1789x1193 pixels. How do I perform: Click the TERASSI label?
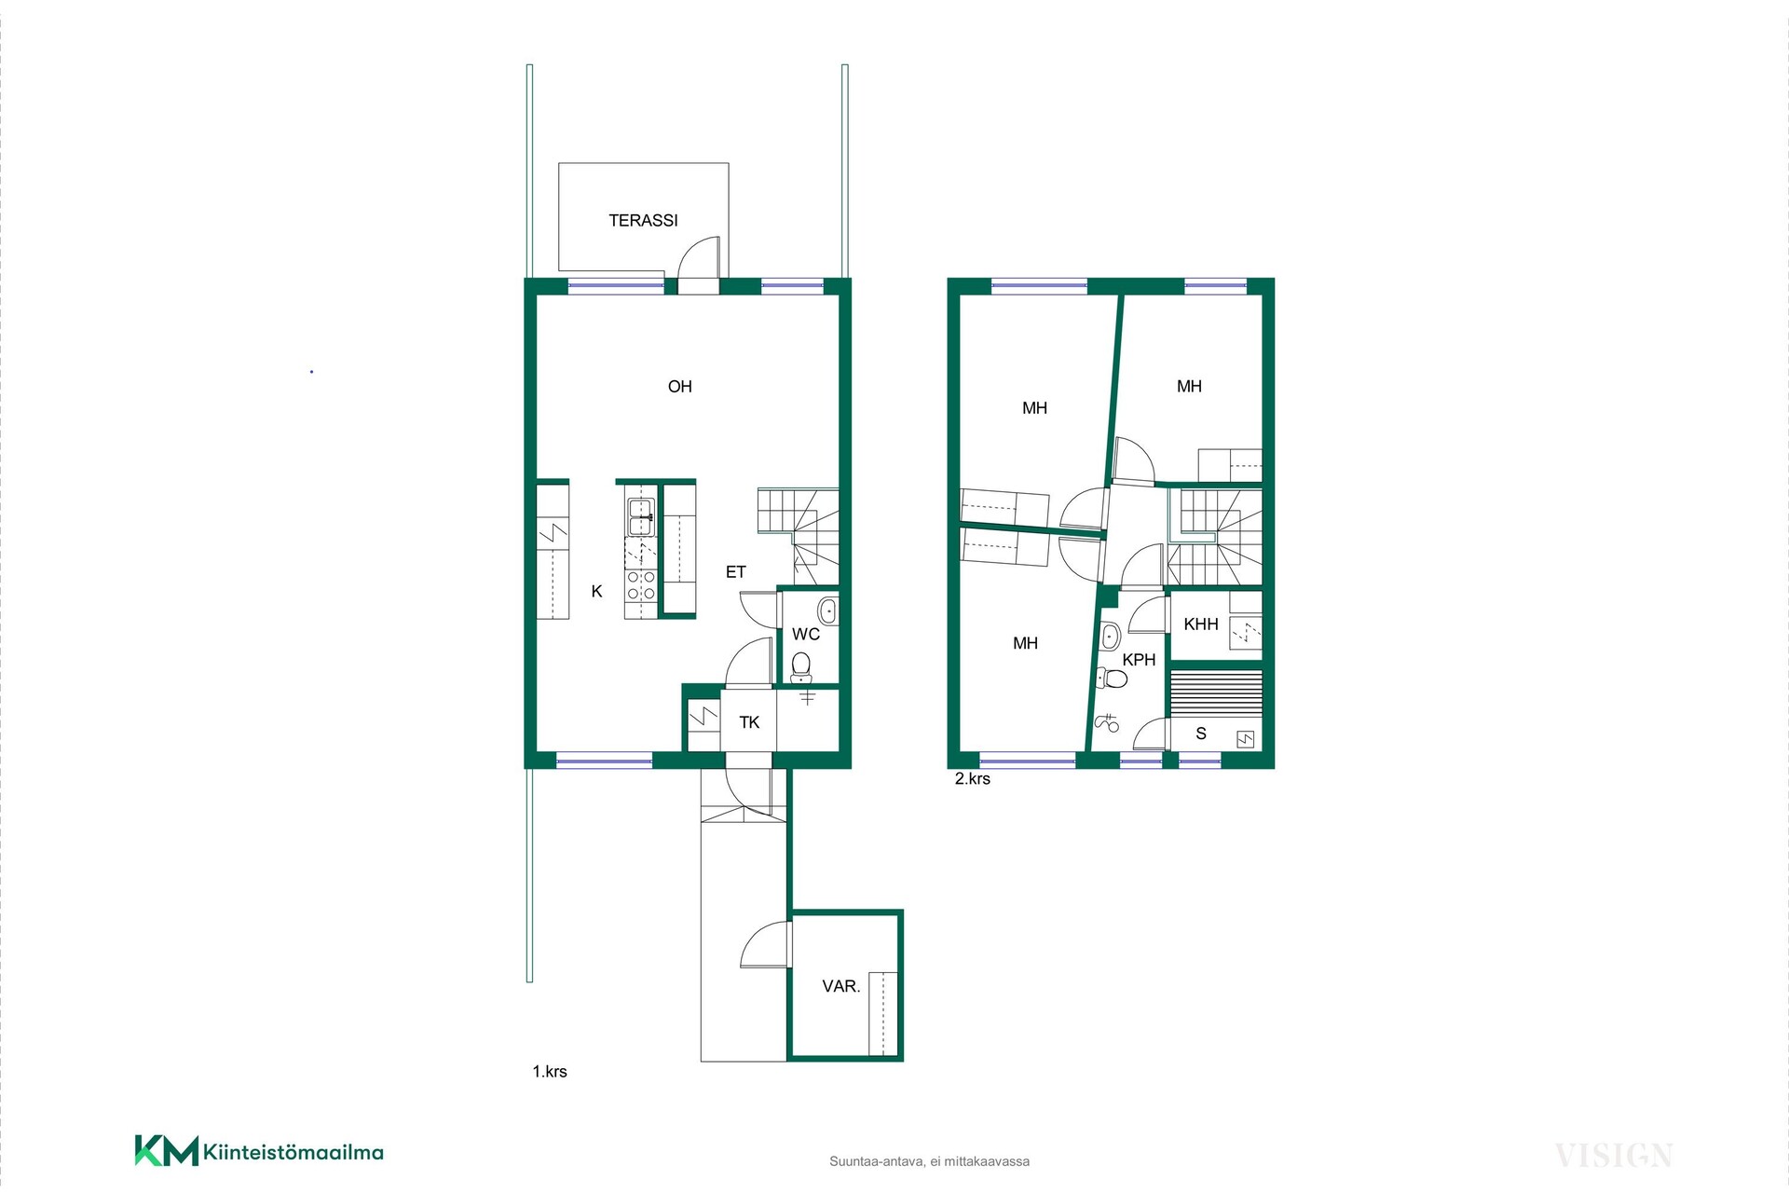(x=643, y=221)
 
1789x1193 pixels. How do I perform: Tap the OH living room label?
(x=680, y=387)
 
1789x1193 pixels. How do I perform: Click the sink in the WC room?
(x=826, y=611)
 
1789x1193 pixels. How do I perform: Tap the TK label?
(x=750, y=722)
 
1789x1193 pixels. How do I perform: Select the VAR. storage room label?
(x=840, y=986)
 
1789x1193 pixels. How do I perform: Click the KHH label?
(x=1201, y=624)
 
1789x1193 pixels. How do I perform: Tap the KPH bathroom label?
(x=1139, y=660)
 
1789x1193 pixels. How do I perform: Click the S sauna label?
(x=1201, y=734)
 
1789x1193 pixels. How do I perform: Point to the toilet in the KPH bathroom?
(x=1112, y=678)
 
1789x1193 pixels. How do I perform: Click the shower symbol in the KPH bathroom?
(x=1107, y=721)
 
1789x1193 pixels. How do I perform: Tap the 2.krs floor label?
(x=972, y=779)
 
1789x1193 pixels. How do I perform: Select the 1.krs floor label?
(x=550, y=1072)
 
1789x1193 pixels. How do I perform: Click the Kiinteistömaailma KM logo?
(x=259, y=1151)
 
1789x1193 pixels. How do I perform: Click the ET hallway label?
(x=736, y=572)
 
